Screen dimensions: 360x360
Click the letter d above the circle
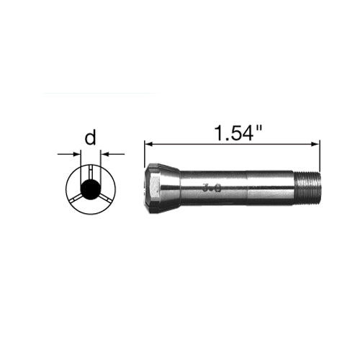click(90, 138)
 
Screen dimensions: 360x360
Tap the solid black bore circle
click(90, 189)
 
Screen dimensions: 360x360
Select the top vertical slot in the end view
click(90, 174)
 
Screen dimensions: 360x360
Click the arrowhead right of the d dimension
click(105, 153)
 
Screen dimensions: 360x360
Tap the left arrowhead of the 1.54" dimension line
click(148, 144)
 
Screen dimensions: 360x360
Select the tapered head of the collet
click(162, 189)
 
